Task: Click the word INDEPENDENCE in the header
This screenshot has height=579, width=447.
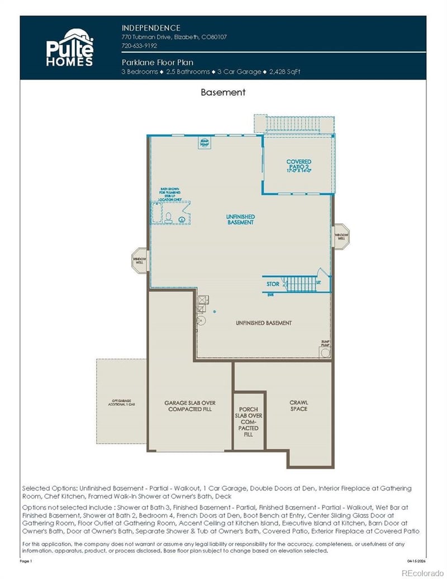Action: click(x=151, y=28)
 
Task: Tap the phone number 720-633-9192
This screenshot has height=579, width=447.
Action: click(x=139, y=46)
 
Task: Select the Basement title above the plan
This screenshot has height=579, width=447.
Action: click(x=223, y=92)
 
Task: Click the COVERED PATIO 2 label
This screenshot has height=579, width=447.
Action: click(x=299, y=165)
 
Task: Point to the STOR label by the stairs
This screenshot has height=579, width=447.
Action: click(x=273, y=284)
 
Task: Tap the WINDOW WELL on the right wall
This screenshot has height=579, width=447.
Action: click(x=340, y=237)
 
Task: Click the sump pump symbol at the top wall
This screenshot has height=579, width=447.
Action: click(x=203, y=143)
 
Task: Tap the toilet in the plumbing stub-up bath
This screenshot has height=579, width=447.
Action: click(x=169, y=217)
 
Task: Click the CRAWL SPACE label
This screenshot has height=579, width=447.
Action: click(x=299, y=406)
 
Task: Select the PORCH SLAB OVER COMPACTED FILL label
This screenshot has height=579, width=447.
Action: click(x=249, y=422)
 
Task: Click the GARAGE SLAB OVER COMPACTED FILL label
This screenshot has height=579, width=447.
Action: click(x=190, y=406)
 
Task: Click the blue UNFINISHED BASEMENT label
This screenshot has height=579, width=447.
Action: click(x=240, y=219)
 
